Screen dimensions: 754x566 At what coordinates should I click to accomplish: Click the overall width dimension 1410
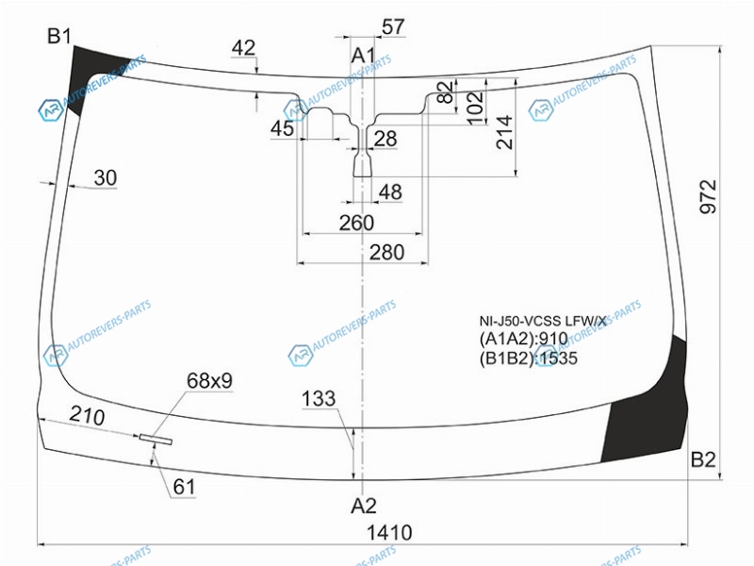[x=389, y=533]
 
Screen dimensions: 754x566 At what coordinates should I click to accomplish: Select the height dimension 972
[x=708, y=196]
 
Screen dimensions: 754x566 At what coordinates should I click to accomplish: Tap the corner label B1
[x=59, y=36]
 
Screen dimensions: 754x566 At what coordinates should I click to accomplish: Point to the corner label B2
[x=703, y=460]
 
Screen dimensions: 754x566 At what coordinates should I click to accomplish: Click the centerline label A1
[x=363, y=56]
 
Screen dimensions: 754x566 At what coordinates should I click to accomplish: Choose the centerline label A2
[x=364, y=506]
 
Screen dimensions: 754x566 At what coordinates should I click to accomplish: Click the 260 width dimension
[x=356, y=223]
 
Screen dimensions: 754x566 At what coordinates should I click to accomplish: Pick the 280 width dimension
[x=386, y=252]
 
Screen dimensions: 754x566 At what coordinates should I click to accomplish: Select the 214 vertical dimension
[x=505, y=132]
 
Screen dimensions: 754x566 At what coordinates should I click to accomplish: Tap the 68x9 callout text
[x=209, y=381]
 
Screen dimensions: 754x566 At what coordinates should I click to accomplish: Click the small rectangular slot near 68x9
[x=156, y=439]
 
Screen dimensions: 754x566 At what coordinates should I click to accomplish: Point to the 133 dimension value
[x=319, y=398]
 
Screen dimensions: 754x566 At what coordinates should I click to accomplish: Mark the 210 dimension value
[x=87, y=415]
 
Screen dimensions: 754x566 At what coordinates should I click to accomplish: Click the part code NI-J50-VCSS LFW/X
[x=543, y=321]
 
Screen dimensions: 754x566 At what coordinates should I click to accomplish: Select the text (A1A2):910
[x=524, y=339]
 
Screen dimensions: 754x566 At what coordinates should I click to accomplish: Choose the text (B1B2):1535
[x=528, y=358]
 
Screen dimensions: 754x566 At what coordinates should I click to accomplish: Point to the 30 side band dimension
[x=106, y=178]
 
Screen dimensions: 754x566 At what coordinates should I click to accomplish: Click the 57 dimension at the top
[x=393, y=27]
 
